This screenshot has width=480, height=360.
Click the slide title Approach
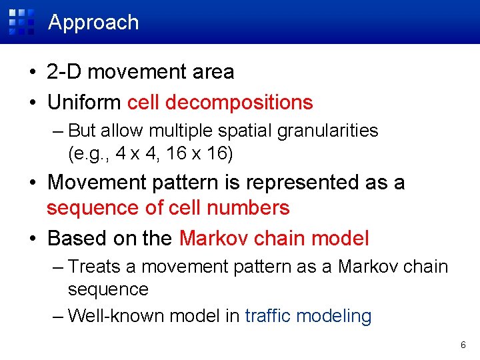pyautogui.click(x=94, y=22)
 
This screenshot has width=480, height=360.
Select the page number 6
pyautogui.click(x=463, y=345)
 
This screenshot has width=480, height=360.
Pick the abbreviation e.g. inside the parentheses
pyautogui.click(x=90, y=153)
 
